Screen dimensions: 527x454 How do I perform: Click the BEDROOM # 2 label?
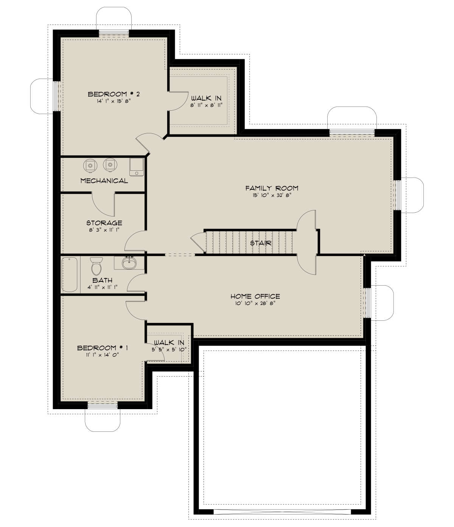point(109,94)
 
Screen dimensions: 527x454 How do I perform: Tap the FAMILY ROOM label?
point(272,188)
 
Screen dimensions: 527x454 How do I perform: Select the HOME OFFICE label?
point(255,297)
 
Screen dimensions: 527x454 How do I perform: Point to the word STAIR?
point(261,243)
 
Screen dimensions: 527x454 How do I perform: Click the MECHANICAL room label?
point(104,181)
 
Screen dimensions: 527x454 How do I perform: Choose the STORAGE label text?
point(104,223)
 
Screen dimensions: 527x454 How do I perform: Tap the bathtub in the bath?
point(70,274)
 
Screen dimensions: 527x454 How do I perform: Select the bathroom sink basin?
point(129,263)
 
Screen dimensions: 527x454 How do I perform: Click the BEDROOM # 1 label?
point(103,348)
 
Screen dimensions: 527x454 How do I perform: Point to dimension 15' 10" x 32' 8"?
point(272,196)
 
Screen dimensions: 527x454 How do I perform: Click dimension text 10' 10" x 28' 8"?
point(255,303)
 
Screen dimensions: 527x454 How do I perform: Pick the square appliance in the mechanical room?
point(137,167)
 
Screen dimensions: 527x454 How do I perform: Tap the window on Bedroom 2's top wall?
point(114,33)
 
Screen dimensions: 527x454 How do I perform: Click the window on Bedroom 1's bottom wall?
point(103,406)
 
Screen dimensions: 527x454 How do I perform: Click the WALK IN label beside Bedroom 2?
point(206,99)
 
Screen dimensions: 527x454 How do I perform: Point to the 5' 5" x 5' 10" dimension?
point(169,349)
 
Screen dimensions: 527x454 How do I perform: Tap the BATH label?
point(102,280)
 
